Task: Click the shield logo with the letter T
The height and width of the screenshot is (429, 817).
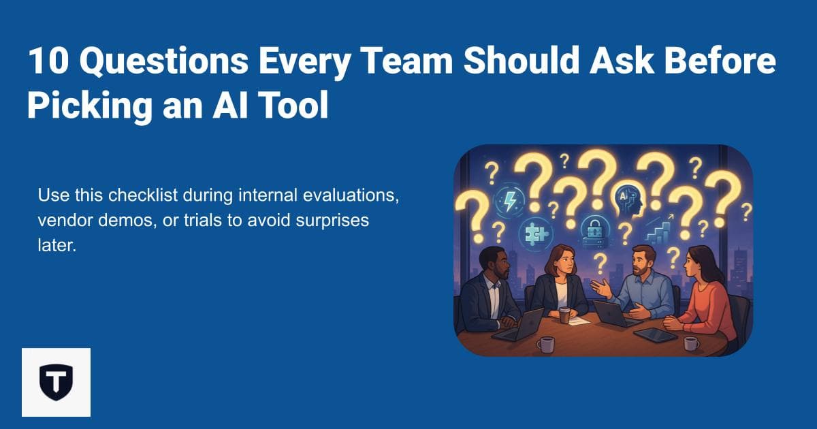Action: (x=56, y=382)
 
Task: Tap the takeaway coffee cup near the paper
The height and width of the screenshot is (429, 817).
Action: (x=564, y=315)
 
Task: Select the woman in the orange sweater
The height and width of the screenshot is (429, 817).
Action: (x=708, y=300)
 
